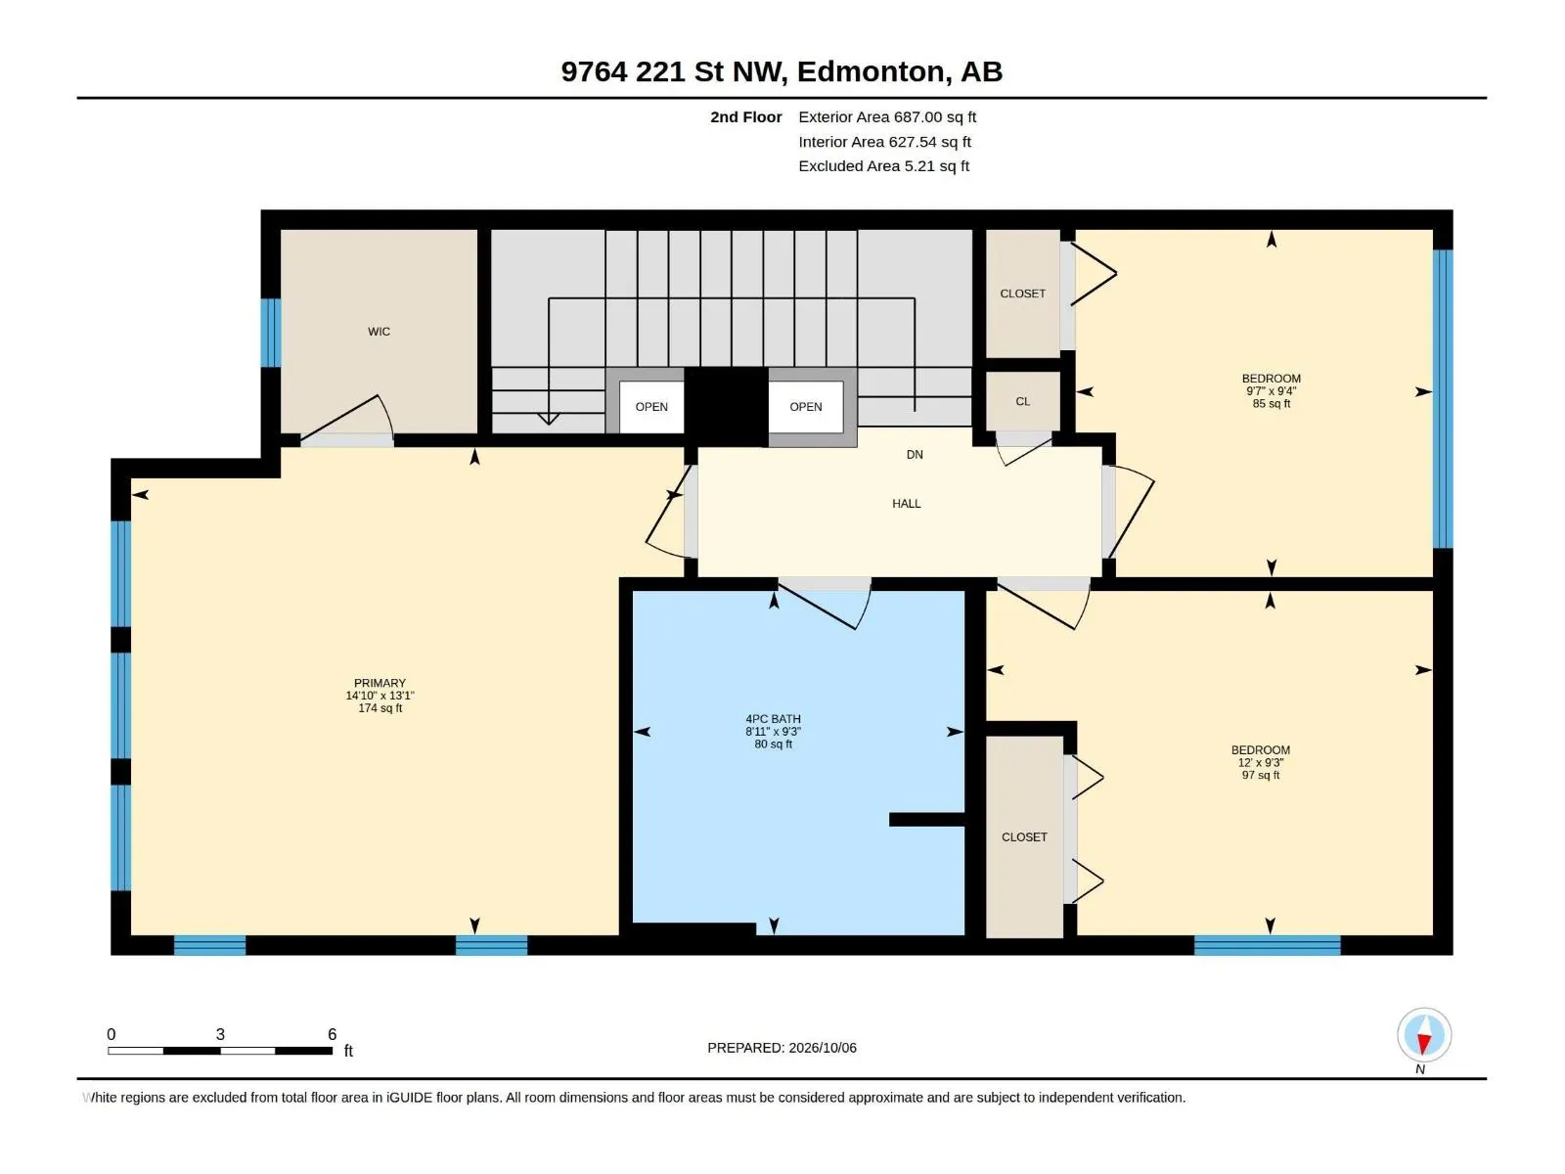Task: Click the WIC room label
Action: click(379, 332)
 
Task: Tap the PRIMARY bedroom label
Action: click(380, 683)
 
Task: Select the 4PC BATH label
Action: click(773, 718)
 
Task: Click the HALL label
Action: click(906, 503)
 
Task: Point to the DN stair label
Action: click(914, 454)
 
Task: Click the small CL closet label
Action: click(1022, 401)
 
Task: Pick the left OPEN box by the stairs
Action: click(651, 406)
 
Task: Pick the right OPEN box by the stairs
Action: click(806, 406)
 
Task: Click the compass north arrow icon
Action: click(1423, 1035)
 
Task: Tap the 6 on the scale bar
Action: click(332, 1033)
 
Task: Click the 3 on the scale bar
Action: click(220, 1033)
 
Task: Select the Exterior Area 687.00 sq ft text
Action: click(887, 116)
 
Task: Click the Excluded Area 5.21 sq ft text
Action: click(883, 166)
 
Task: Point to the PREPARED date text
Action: click(782, 1047)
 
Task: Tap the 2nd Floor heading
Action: click(745, 116)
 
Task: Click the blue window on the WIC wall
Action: click(270, 333)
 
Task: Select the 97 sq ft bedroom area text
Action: click(1260, 775)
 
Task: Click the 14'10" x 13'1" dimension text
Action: click(380, 695)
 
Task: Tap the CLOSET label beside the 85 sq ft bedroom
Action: click(1022, 293)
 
